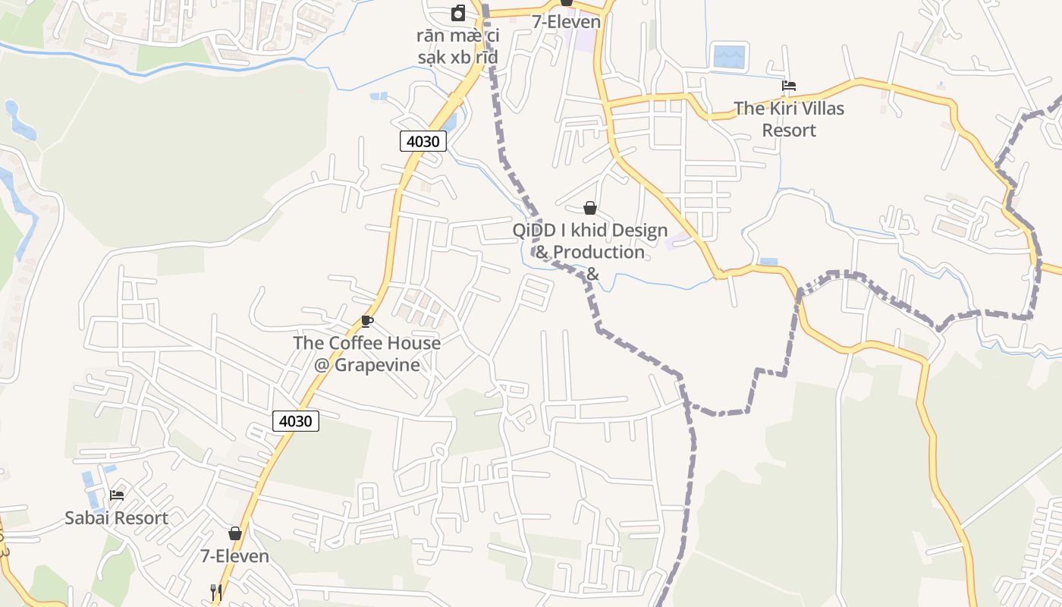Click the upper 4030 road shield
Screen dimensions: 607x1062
point(423,141)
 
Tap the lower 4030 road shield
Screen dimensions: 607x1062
point(296,421)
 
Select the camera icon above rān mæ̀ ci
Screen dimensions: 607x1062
point(458,13)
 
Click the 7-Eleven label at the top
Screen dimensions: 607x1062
point(566,22)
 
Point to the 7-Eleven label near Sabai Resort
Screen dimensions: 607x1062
point(234,556)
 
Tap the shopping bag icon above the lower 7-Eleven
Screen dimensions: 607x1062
point(235,533)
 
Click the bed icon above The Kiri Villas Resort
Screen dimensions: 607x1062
point(789,86)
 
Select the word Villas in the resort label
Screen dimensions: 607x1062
point(816,109)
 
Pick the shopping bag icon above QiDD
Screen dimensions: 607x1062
point(590,207)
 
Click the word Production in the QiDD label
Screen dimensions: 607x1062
point(599,252)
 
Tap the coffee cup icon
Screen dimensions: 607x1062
point(367,321)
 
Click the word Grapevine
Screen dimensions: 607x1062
point(378,365)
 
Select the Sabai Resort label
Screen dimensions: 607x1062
point(116,518)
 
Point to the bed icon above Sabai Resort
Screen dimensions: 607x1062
point(117,495)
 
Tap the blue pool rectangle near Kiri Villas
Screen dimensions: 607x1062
point(730,56)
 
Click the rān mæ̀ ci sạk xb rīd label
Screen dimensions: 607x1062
point(457,46)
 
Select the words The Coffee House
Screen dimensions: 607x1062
point(366,343)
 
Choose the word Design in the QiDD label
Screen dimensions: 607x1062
point(639,230)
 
